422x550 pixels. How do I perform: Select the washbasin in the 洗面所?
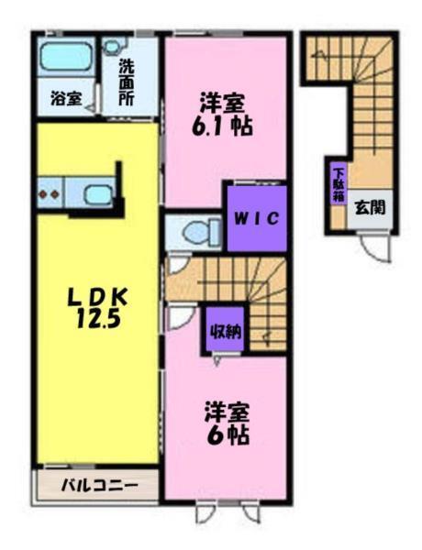pyautogui.click(x=113, y=46)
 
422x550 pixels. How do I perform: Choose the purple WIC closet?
pyautogui.click(x=255, y=218)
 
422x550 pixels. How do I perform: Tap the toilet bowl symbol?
pyautogui.click(x=195, y=233)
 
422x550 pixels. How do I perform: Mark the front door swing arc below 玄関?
pyautogui.click(x=373, y=246)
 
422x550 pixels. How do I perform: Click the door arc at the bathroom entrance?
pyautogui.click(x=91, y=106)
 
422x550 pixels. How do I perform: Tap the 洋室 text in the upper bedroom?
pyautogui.click(x=222, y=101)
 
